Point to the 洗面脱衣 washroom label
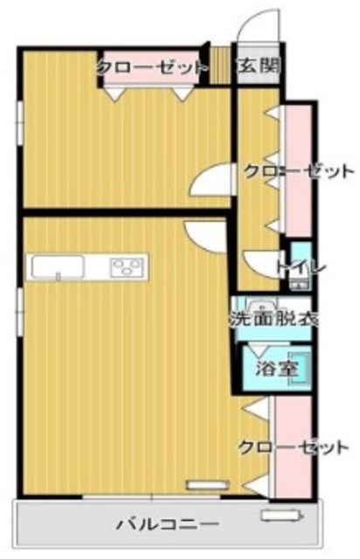tap(273, 319)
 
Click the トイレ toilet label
tap(301, 266)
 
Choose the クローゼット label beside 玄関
tap(152, 66)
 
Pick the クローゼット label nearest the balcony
tap(293, 448)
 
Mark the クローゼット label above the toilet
tap(299, 169)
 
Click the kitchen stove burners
tap(128, 266)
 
